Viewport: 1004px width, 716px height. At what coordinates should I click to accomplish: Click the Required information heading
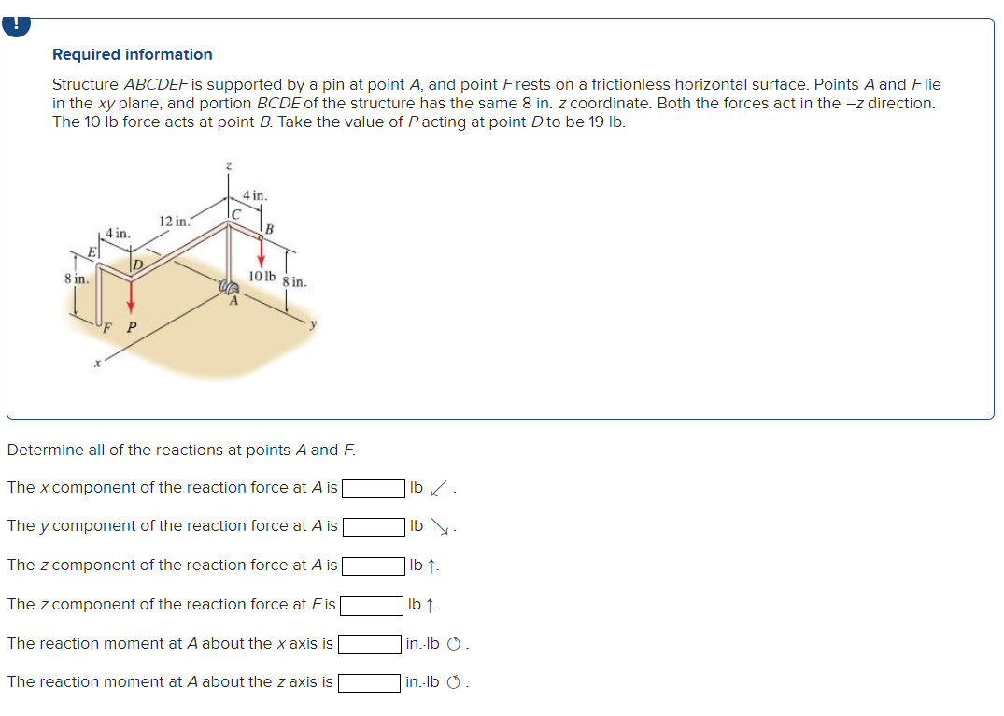[132, 54]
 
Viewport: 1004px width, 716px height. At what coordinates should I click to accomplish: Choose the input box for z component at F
[372, 605]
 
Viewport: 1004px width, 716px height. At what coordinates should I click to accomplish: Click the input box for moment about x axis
[370, 644]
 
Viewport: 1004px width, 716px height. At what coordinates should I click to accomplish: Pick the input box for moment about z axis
[370, 682]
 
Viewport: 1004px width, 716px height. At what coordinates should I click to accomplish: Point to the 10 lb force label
[262, 277]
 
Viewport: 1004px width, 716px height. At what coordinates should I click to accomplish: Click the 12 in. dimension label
[175, 222]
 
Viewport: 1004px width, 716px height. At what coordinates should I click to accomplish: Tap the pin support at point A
[228, 290]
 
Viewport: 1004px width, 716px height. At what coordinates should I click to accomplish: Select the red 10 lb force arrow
[262, 250]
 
